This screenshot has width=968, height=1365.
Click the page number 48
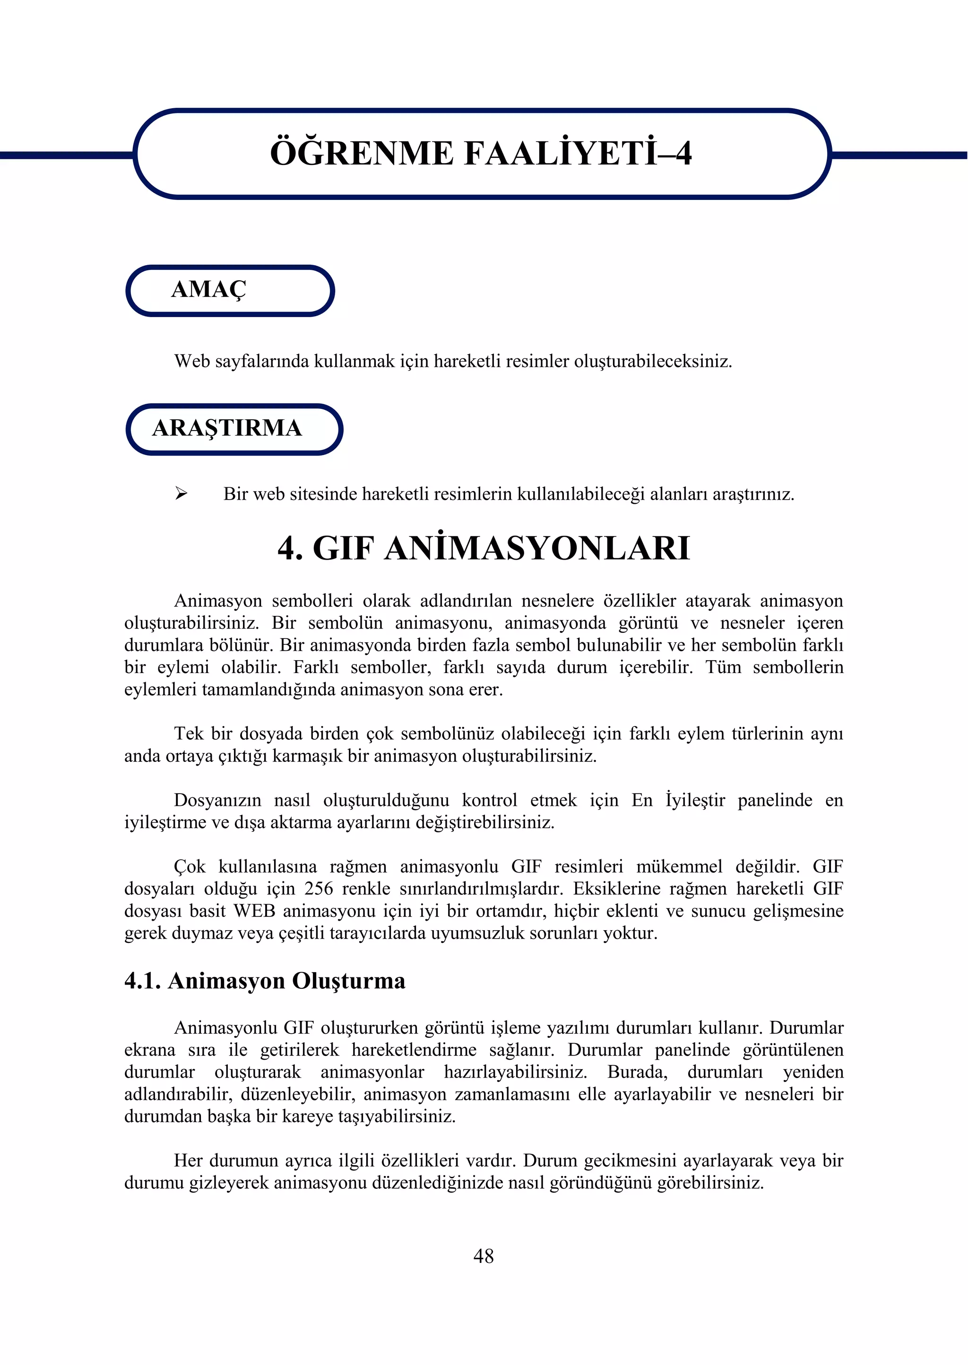click(x=484, y=1256)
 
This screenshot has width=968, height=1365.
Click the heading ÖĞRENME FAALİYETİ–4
click(x=481, y=153)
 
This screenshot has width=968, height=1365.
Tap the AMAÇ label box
click(x=230, y=290)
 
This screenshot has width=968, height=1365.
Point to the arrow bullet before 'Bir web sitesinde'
click(x=181, y=493)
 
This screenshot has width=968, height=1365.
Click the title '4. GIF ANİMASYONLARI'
click(x=484, y=548)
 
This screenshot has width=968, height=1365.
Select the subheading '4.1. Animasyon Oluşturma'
click(x=265, y=981)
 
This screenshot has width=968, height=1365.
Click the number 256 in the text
click(x=319, y=889)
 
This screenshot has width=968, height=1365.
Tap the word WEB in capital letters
click(x=254, y=911)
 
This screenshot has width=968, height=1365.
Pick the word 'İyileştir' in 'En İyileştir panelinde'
click(x=695, y=800)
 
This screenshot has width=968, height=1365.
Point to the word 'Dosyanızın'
click(x=217, y=800)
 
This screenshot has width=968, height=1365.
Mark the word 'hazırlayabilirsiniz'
click(x=515, y=1072)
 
